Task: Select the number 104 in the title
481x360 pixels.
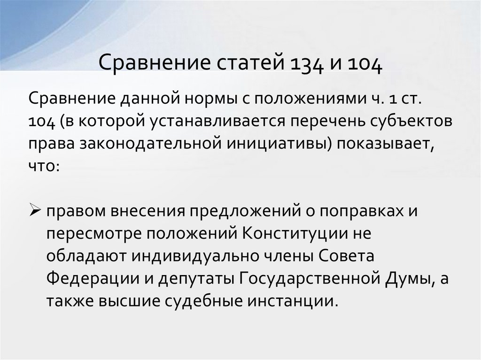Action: (x=365, y=63)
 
